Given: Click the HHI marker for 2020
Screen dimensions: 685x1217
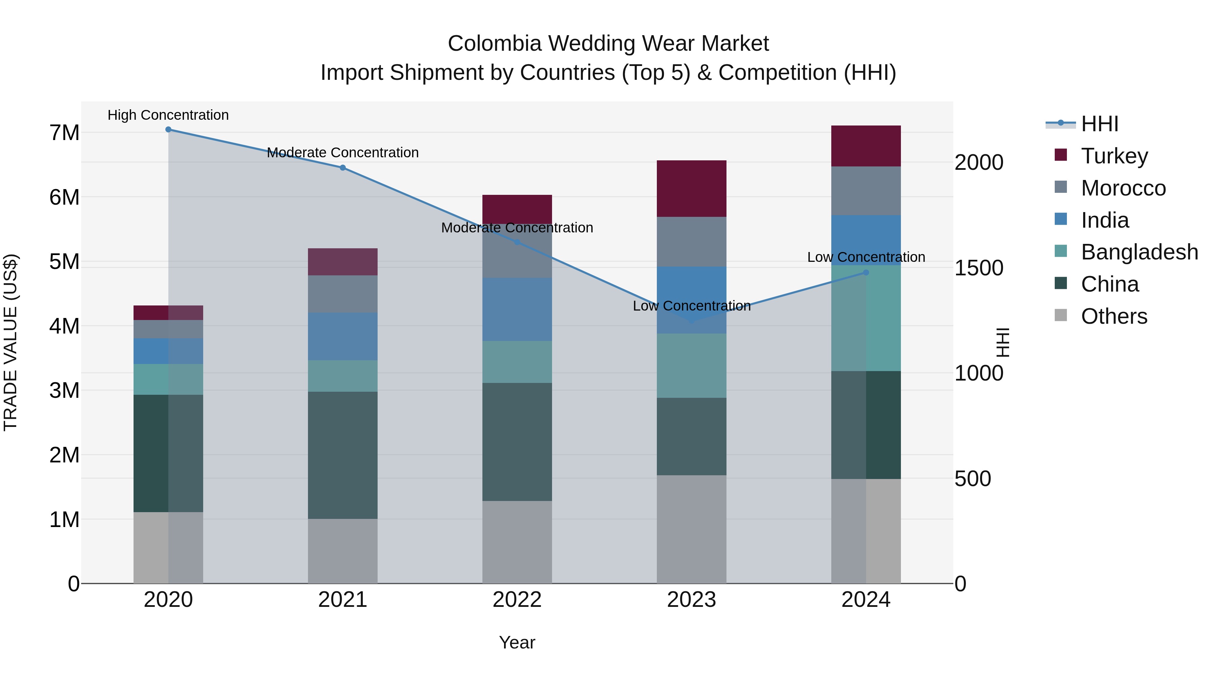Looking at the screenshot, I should (x=168, y=130).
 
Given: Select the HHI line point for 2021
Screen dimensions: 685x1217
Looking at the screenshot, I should (x=342, y=168).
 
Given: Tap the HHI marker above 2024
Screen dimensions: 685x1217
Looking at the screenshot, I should (x=866, y=273).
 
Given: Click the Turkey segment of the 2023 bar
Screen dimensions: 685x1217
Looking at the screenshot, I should (x=691, y=189).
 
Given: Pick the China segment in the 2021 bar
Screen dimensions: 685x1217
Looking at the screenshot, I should (x=342, y=455).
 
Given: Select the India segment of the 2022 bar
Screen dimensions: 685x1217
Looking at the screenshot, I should (x=517, y=310).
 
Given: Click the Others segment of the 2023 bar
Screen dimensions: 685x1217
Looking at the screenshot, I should (x=691, y=529).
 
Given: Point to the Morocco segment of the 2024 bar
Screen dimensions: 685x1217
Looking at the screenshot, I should (x=866, y=191).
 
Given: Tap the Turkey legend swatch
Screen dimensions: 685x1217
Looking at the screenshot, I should (x=1060, y=155).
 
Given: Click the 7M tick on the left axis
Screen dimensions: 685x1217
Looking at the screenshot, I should (x=64, y=133).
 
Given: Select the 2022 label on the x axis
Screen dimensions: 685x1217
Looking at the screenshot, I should (x=517, y=600).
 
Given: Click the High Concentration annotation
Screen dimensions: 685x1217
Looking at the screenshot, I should (x=168, y=115).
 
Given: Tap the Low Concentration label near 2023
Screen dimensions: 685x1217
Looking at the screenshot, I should (x=692, y=306).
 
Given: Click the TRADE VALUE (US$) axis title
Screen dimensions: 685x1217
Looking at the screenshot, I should (x=10, y=343).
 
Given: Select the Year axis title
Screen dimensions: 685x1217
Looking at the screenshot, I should (x=517, y=642).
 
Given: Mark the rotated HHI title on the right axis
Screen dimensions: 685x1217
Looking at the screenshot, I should (x=1002, y=343).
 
